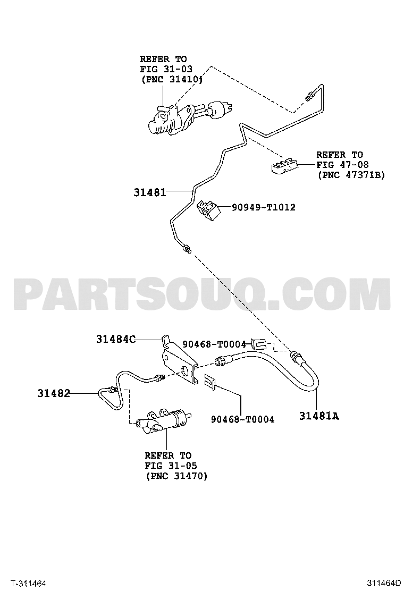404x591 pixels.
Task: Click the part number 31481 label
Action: click(149, 192)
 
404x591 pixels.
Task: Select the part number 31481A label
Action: click(319, 416)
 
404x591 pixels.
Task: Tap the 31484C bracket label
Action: click(115, 339)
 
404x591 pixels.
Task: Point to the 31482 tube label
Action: click(54, 393)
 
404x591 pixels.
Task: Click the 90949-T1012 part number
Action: click(264, 207)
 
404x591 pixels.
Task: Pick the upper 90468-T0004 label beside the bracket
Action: click(214, 344)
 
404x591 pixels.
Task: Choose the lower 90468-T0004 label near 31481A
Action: click(242, 419)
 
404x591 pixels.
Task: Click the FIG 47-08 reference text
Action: click(342, 165)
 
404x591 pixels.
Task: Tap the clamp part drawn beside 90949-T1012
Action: click(208, 210)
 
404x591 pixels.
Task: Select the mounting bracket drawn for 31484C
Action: click(179, 359)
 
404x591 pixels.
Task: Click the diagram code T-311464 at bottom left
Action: click(28, 584)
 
